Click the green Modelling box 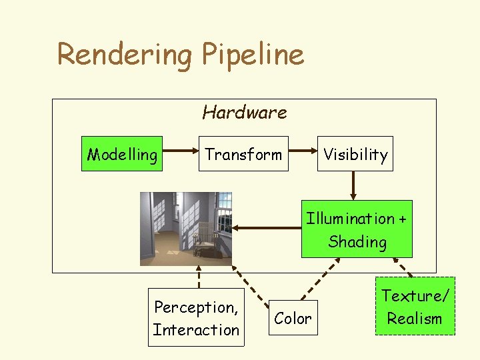click(x=122, y=154)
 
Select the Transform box click(x=243, y=154)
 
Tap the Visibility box click(x=355, y=154)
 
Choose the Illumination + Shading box click(x=357, y=229)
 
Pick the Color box click(x=293, y=319)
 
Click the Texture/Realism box click(x=415, y=307)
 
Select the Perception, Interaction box click(x=196, y=318)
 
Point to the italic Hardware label click(x=244, y=112)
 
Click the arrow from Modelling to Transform click(x=180, y=154)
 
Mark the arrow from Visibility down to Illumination click(x=355, y=185)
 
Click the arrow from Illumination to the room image click(x=267, y=229)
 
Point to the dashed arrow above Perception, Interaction click(x=197, y=277)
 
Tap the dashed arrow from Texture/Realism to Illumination click(x=403, y=267)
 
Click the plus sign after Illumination click(x=402, y=219)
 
